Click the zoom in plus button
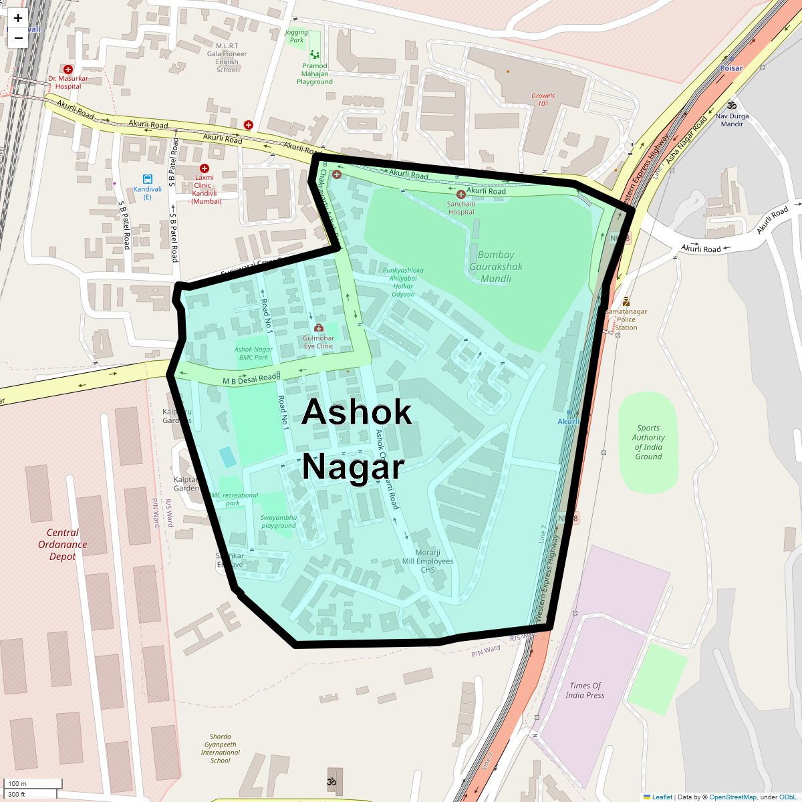(x=18, y=19)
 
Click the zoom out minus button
(x=18, y=38)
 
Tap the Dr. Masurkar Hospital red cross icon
(x=68, y=70)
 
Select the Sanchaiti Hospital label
(x=461, y=208)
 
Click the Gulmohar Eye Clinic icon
(x=319, y=328)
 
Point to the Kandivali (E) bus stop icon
(x=147, y=179)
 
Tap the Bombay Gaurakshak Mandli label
(x=496, y=267)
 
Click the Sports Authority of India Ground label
(x=648, y=442)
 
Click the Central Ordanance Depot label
(x=63, y=545)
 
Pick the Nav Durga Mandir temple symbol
(x=732, y=106)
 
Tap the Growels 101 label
(x=543, y=100)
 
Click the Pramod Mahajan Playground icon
(x=315, y=55)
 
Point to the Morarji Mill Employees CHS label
(x=428, y=561)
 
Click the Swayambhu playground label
(x=279, y=521)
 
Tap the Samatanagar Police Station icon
(x=626, y=301)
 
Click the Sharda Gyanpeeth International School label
(x=221, y=749)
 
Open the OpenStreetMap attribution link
(x=732, y=797)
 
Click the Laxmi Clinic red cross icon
(x=205, y=169)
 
